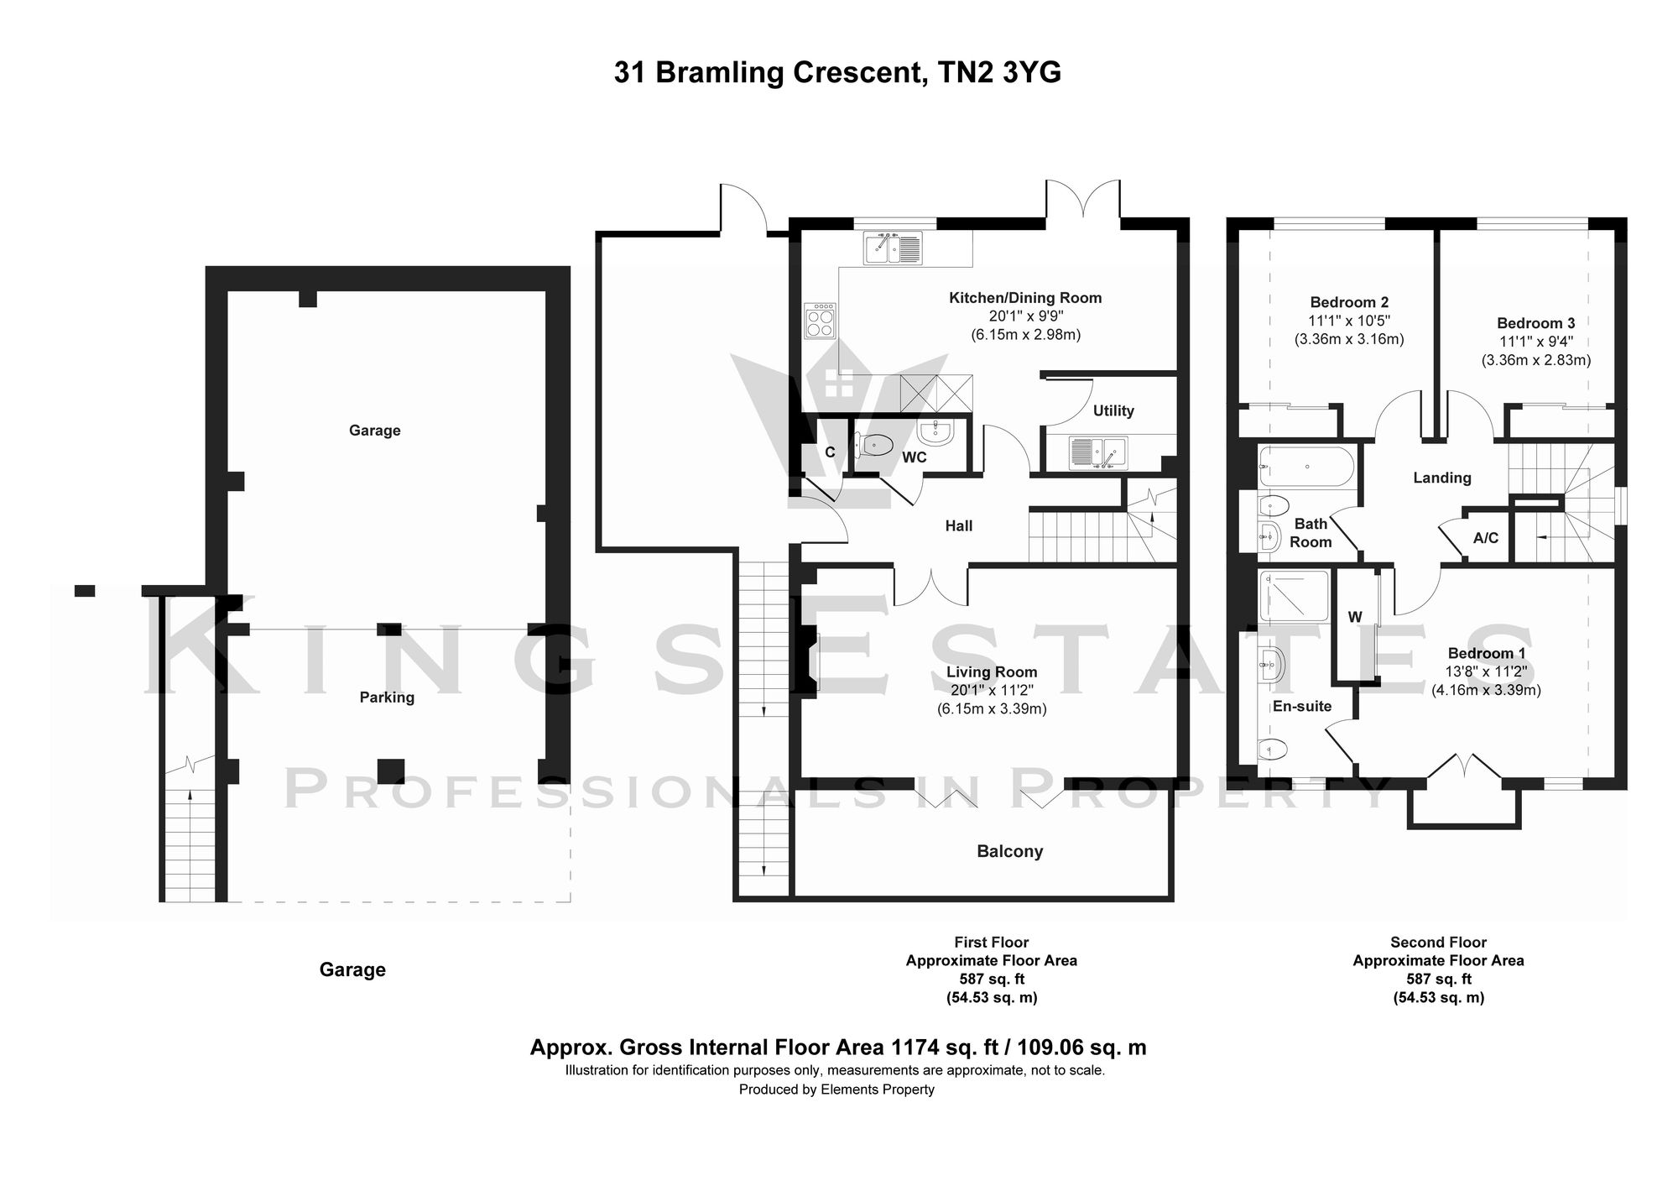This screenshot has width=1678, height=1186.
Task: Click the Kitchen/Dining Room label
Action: pyautogui.click(x=1024, y=298)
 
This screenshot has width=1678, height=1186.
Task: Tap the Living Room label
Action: pyautogui.click(x=992, y=672)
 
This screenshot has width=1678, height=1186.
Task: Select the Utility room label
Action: pyautogui.click(x=1113, y=410)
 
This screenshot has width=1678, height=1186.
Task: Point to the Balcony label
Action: pyautogui.click(x=1009, y=851)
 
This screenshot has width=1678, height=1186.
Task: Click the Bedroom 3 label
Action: pyautogui.click(x=1535, y=323)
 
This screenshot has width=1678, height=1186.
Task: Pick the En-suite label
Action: pyautogui.click(x=1302, y=706)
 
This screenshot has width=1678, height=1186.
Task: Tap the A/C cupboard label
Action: pyautogui.click(x=1485, y=538)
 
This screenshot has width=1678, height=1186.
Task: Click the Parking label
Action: pyautogui.click(x=387, y=697)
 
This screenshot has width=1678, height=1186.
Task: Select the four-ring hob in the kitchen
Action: pyautogui.click(x=820, y=321)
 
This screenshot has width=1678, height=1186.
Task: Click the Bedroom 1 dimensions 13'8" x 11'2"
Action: pyautogui.click(x=1486, y=671)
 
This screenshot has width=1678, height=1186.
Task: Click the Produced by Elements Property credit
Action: pyautogui.click(x=836, y=1089)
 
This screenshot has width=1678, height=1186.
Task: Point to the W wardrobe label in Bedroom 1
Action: pyautogui.click(x=1354, y=617)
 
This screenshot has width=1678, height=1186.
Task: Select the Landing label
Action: pyautogui.click(x=1441, y=478)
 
